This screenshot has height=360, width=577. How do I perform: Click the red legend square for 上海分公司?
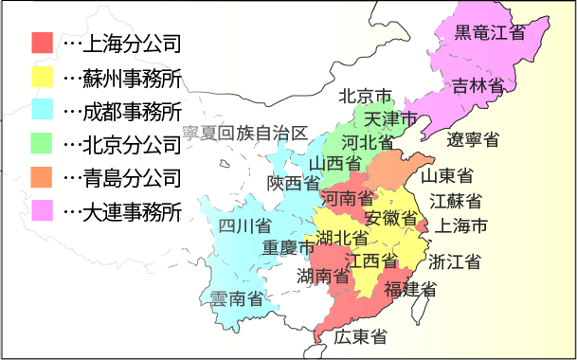42,43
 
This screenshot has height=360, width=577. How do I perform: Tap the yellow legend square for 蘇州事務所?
42,77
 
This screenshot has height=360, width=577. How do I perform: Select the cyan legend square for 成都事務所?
42,110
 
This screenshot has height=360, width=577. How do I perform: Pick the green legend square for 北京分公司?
42,144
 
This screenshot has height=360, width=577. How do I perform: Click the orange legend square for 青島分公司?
42,177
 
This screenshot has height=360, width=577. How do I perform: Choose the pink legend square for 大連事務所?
42,210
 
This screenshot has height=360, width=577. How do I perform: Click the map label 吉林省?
477,84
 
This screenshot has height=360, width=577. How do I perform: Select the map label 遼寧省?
474,140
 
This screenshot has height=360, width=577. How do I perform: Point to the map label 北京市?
366,97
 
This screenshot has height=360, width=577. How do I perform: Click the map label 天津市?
391,119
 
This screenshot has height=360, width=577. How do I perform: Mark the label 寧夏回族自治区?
245,132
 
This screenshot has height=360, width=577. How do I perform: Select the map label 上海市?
460,226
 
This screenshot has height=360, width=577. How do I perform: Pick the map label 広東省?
359,336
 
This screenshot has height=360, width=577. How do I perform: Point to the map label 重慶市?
288,248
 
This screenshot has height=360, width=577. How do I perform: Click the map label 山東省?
448,175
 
